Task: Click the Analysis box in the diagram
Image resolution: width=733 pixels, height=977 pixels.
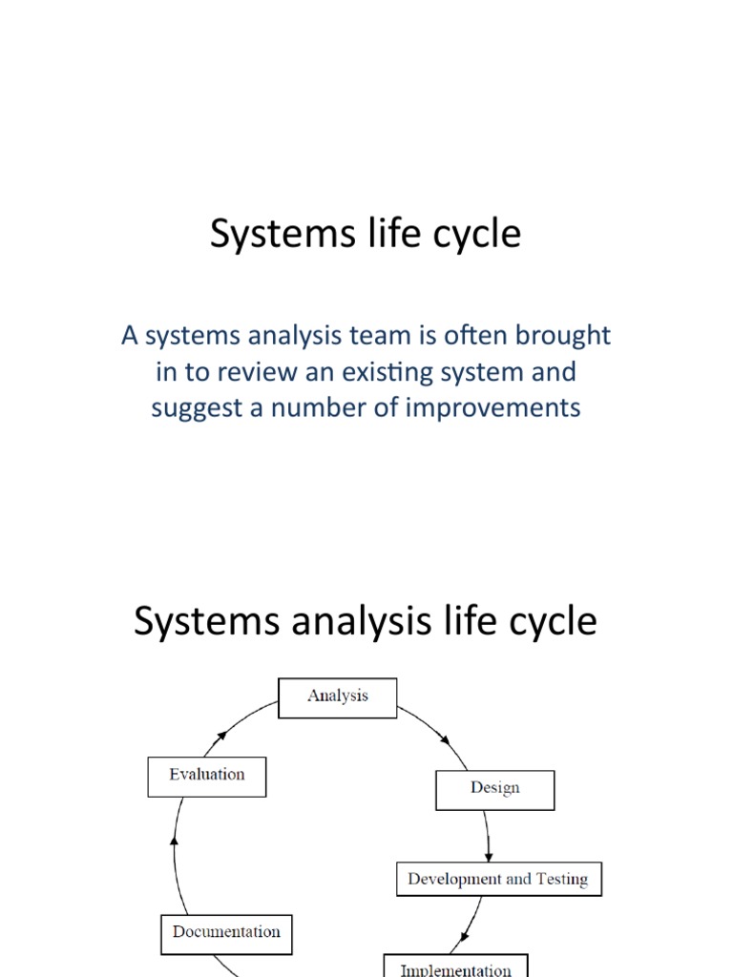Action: coord(338,696)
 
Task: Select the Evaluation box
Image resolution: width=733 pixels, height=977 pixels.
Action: coord(207,775)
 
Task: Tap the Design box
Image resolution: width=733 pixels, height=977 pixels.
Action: coord(494,788)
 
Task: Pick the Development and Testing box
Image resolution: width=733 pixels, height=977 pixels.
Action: coord(498,879)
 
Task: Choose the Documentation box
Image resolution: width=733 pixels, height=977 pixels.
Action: coord(226,932)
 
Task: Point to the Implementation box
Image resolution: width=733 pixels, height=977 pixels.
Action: coord(455,967)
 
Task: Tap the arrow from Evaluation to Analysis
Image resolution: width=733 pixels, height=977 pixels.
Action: coord(239,723)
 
